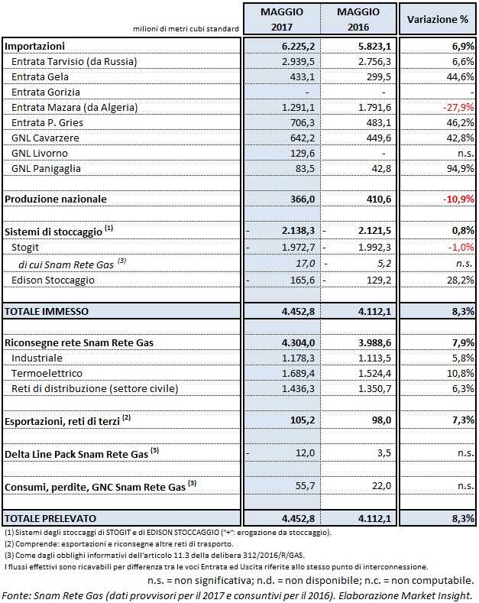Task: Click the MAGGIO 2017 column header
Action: [x=281, y=19]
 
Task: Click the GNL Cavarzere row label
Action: [x=46, y=138]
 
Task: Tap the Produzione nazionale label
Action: [x=56, y=199]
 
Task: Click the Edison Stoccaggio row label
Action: [x=53, y=280]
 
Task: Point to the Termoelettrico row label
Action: [x=47, y=374]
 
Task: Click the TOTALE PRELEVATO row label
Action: [x=51, y=518]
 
